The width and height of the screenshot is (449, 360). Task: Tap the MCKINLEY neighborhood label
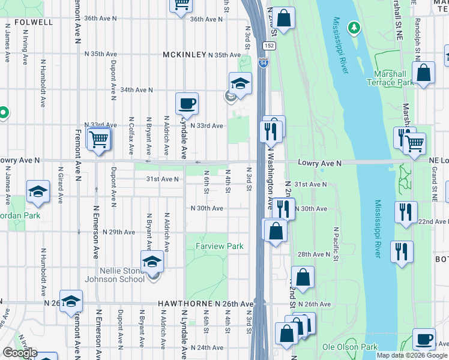pyautogui.click(x=184, y=55)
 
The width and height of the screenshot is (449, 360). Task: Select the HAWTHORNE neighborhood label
pyautogui.click(x=182, y=304)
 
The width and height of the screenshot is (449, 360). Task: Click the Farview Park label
pyautogui.click(x=219, y=246)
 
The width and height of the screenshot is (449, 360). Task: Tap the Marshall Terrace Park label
pyautogui.click(x=394, y=77)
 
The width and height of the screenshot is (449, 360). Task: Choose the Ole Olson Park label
pyautogui.click(x=349, y=347)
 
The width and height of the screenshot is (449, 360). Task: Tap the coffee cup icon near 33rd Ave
pyautogui.click(x=187, y=104)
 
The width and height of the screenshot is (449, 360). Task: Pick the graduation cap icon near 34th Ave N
pyautogui.click(x=240, y=83)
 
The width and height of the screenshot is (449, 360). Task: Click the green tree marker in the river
pyautogui.click(x=354, y=27)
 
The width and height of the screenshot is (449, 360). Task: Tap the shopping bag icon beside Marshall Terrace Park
pyautogui.click(x=424, y=73)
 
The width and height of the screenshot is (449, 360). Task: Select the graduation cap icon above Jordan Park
pyautogui.click(x=38, y=191)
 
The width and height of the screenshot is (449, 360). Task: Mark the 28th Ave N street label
pyautogui.click(x=314, y=254)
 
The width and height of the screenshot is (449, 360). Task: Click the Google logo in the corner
pyautogui.click(x=19, y=353)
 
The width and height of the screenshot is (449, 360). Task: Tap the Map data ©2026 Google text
pyautogui.click(x=411, y=355)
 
